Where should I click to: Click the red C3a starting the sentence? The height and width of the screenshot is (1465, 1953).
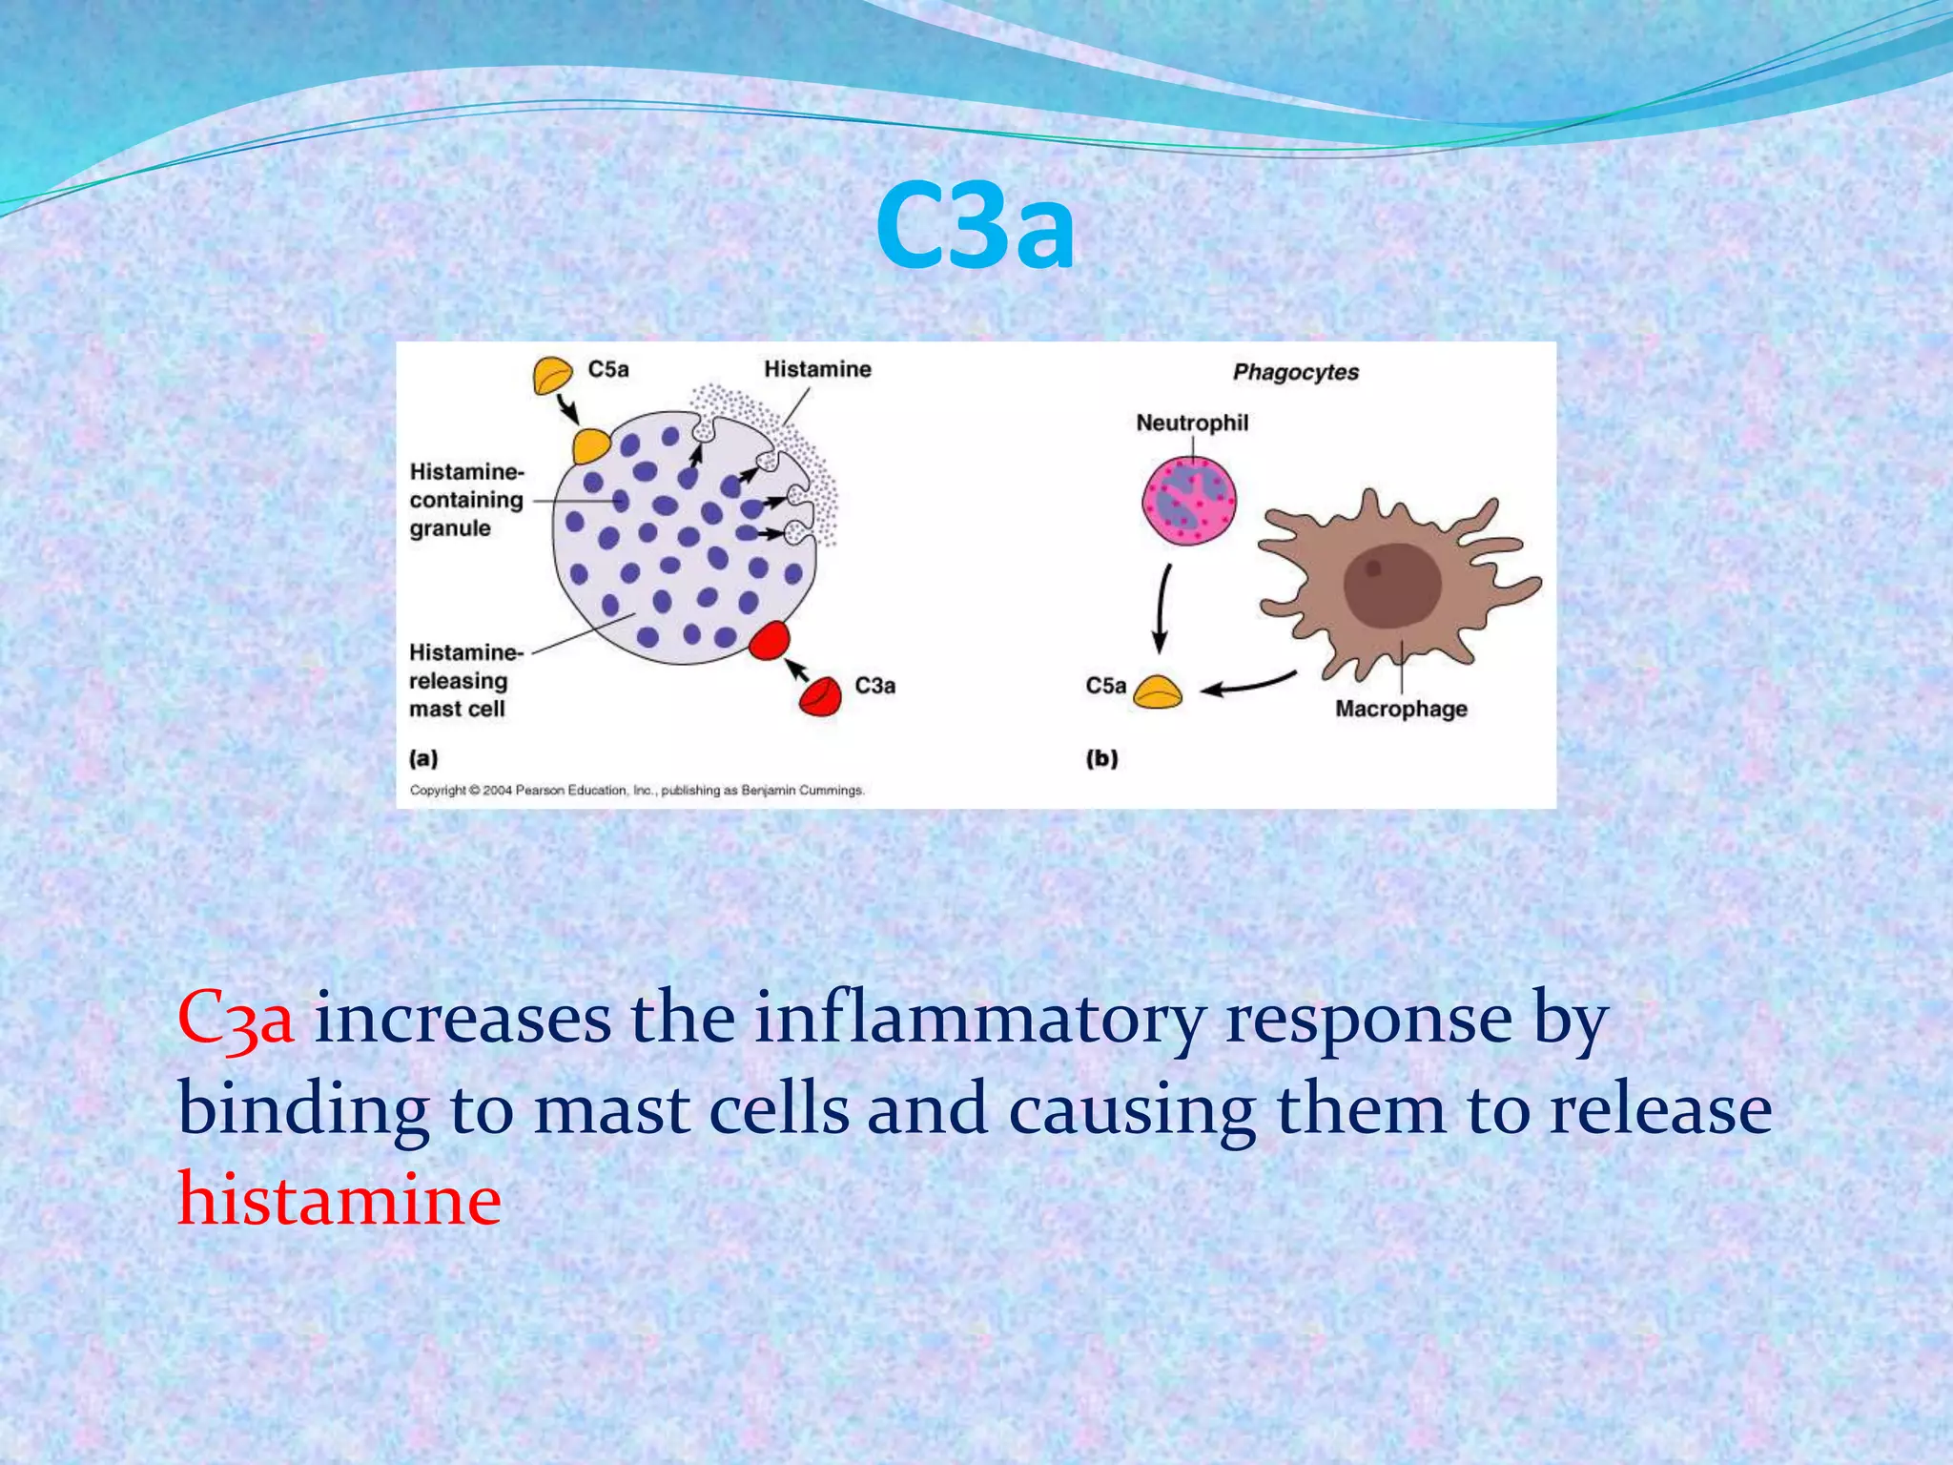point(236,1019)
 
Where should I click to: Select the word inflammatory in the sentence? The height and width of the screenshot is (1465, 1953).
point(979,1019)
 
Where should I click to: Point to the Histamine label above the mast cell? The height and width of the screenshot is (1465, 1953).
point(817,369)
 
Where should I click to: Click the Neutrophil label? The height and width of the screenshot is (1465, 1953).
point(1191,423)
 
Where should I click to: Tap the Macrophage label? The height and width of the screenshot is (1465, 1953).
point(1400,709)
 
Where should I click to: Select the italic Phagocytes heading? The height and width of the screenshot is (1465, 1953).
point(1295,372)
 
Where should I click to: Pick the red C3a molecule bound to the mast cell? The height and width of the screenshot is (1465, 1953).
point(769,640)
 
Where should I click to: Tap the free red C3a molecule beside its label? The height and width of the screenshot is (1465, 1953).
point(820,696)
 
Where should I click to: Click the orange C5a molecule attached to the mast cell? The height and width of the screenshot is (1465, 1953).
point(591,445)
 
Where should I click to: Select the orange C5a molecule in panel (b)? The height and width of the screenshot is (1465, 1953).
point(1158,692)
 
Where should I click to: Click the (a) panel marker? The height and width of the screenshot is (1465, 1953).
point(423,758)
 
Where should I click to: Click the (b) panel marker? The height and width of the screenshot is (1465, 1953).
point(1101,758)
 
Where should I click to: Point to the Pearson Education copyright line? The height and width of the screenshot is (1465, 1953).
point(637,790)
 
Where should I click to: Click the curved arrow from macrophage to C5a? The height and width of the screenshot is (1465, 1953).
point(1249,684)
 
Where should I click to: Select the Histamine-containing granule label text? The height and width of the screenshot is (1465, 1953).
point(466,500)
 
